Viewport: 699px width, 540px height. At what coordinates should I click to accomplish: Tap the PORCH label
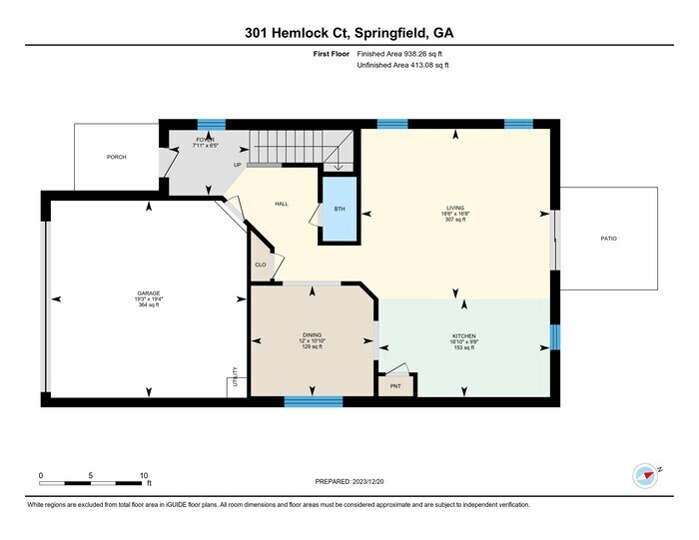(x=117, y=157)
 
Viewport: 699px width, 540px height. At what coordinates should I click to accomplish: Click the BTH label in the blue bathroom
(x=339, y=210)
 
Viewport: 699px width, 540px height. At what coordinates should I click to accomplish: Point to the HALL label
(x=282, y=204)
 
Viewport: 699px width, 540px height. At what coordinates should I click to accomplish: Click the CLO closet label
(x=261, y=265)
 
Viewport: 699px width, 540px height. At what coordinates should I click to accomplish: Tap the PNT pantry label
(x=395, y=383)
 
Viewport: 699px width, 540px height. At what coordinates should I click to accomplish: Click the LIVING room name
(x=455, y=208)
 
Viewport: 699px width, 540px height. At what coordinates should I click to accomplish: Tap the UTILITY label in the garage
(x=235, y=376)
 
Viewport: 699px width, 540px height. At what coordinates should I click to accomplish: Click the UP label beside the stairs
(x=238, y=165)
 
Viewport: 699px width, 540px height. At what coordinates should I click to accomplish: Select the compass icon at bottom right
(x=644, y=473)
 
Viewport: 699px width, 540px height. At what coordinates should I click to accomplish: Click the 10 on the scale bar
(x=145, y=475)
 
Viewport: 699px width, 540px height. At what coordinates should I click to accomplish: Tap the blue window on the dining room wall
(x=314, y=401)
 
